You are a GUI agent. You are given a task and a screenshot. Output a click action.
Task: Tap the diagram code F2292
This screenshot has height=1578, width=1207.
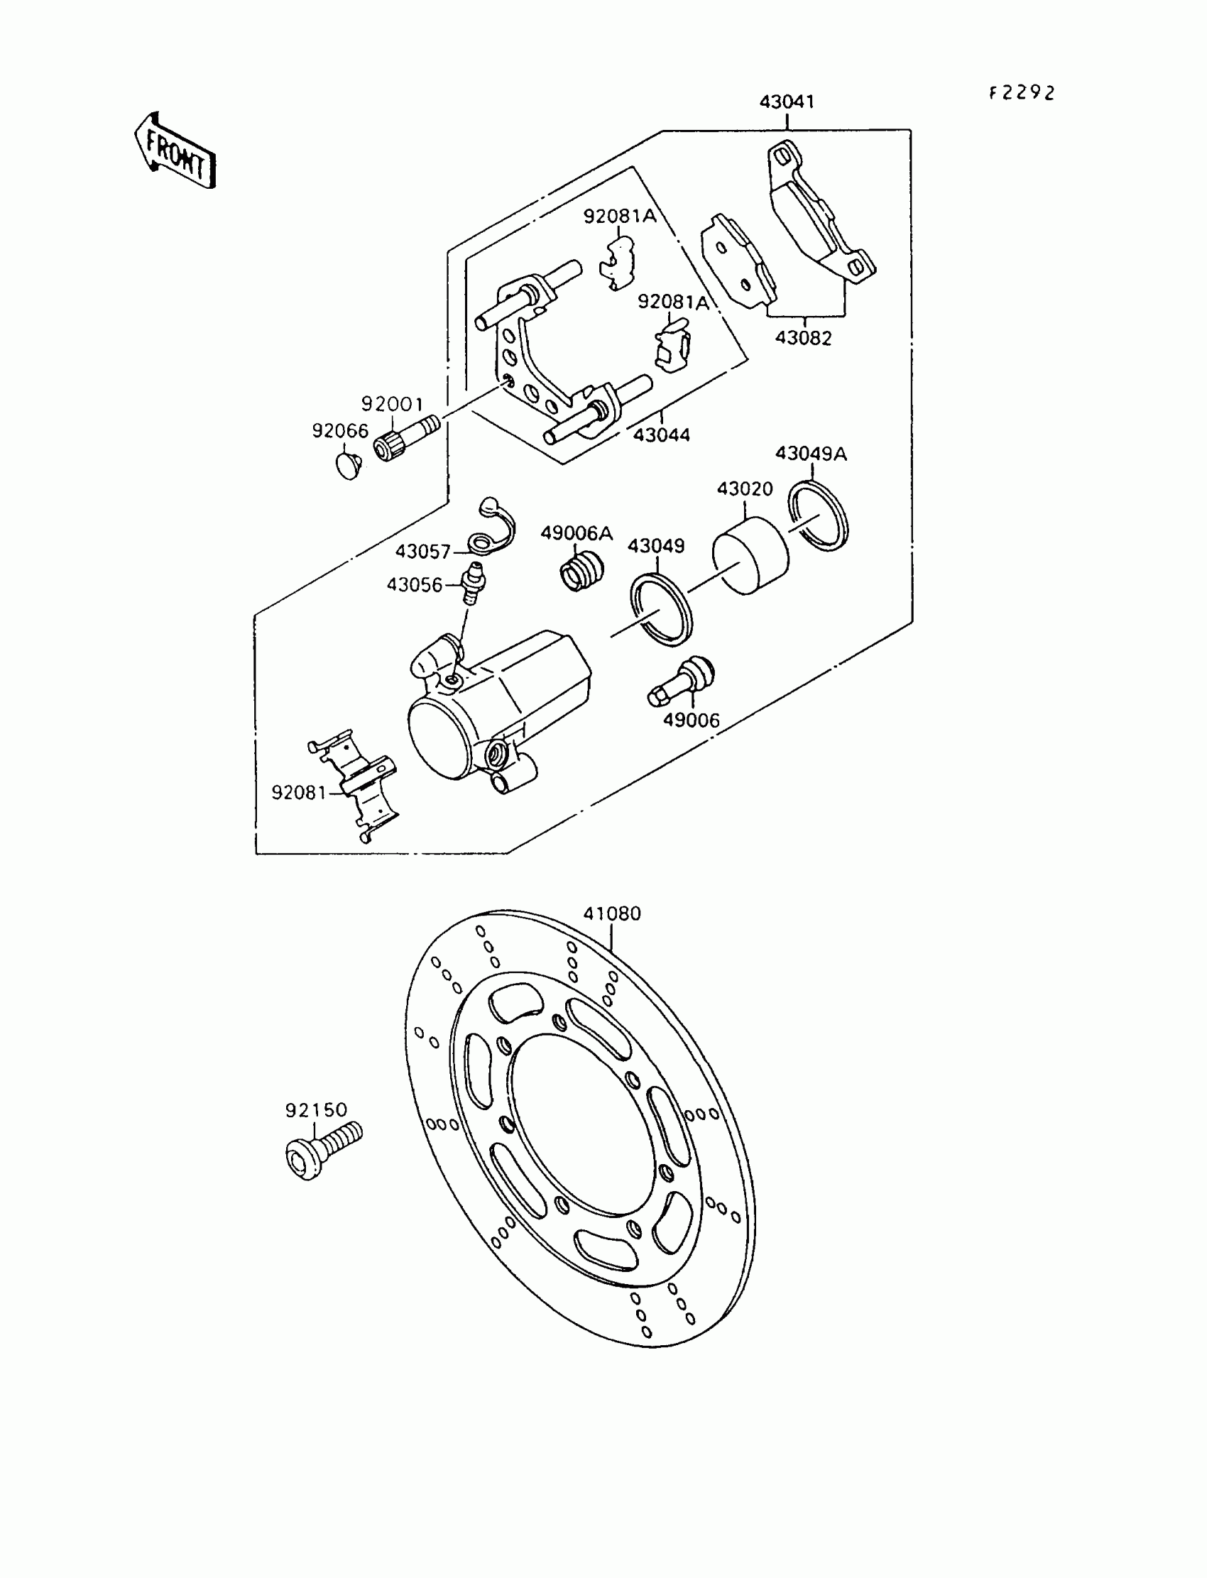(1022, 94)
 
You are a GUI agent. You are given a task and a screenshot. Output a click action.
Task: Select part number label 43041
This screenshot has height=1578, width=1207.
(787, 102)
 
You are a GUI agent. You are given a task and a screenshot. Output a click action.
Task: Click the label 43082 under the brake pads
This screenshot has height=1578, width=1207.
(803, 338)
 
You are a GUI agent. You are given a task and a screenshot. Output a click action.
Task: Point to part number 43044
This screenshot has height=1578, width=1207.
(661, 434)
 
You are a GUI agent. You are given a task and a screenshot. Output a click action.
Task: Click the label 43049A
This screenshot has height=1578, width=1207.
(810, 454)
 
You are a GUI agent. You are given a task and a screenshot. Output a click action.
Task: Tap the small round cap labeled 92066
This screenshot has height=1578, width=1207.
(349, 466)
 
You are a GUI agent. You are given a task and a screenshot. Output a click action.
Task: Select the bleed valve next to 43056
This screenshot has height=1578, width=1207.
(473, 583)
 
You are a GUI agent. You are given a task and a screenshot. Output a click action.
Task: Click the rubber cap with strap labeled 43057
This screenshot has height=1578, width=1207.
(491, 531)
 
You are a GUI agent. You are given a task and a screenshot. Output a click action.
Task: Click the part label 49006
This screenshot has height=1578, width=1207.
(691, 720)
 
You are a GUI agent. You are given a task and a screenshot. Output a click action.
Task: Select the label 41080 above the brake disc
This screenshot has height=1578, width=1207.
(611, 914)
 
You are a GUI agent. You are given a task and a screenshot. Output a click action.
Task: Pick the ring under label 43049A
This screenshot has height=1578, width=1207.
(819, 517)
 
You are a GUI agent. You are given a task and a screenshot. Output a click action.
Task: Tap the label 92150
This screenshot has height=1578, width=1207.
(316, 1110)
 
